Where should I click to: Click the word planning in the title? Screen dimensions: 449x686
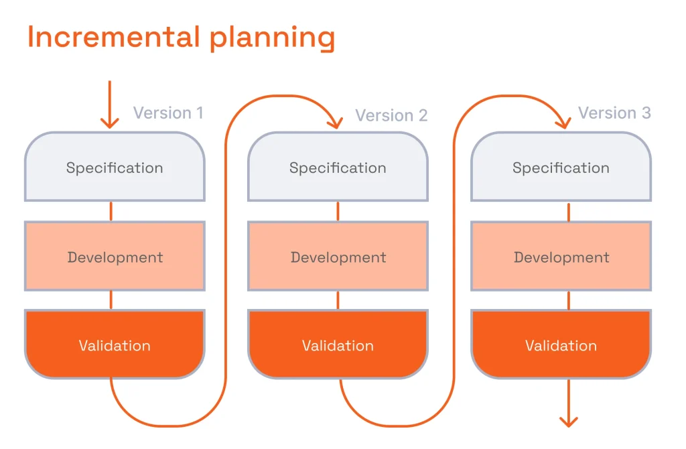click(272, 39)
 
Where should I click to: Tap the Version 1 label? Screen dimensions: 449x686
click(168, 113)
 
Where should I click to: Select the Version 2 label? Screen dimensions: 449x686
click(391, 115)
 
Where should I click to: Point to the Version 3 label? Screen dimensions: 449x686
click(614, 113)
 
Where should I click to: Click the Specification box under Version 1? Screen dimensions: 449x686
click(115, 168)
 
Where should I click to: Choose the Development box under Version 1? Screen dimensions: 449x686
click(115, 257)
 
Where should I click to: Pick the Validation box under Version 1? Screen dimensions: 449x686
click(115, 346)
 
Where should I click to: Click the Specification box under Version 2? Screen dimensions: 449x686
click(338, 168)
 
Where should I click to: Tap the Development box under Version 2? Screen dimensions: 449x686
click(338, 257)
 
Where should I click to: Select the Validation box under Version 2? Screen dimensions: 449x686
click(338, 346)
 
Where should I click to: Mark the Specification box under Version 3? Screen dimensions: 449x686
click(561, 168)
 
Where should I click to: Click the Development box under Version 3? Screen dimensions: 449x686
click(561, 257)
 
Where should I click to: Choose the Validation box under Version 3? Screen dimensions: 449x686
click(561, 346)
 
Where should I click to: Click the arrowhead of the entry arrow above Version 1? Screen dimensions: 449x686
click(109, 122)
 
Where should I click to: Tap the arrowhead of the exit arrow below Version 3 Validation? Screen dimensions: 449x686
click(568, 421)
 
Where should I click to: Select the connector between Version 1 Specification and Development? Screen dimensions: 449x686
click(111, 211)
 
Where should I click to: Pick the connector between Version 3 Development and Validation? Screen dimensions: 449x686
click(569, 300)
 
